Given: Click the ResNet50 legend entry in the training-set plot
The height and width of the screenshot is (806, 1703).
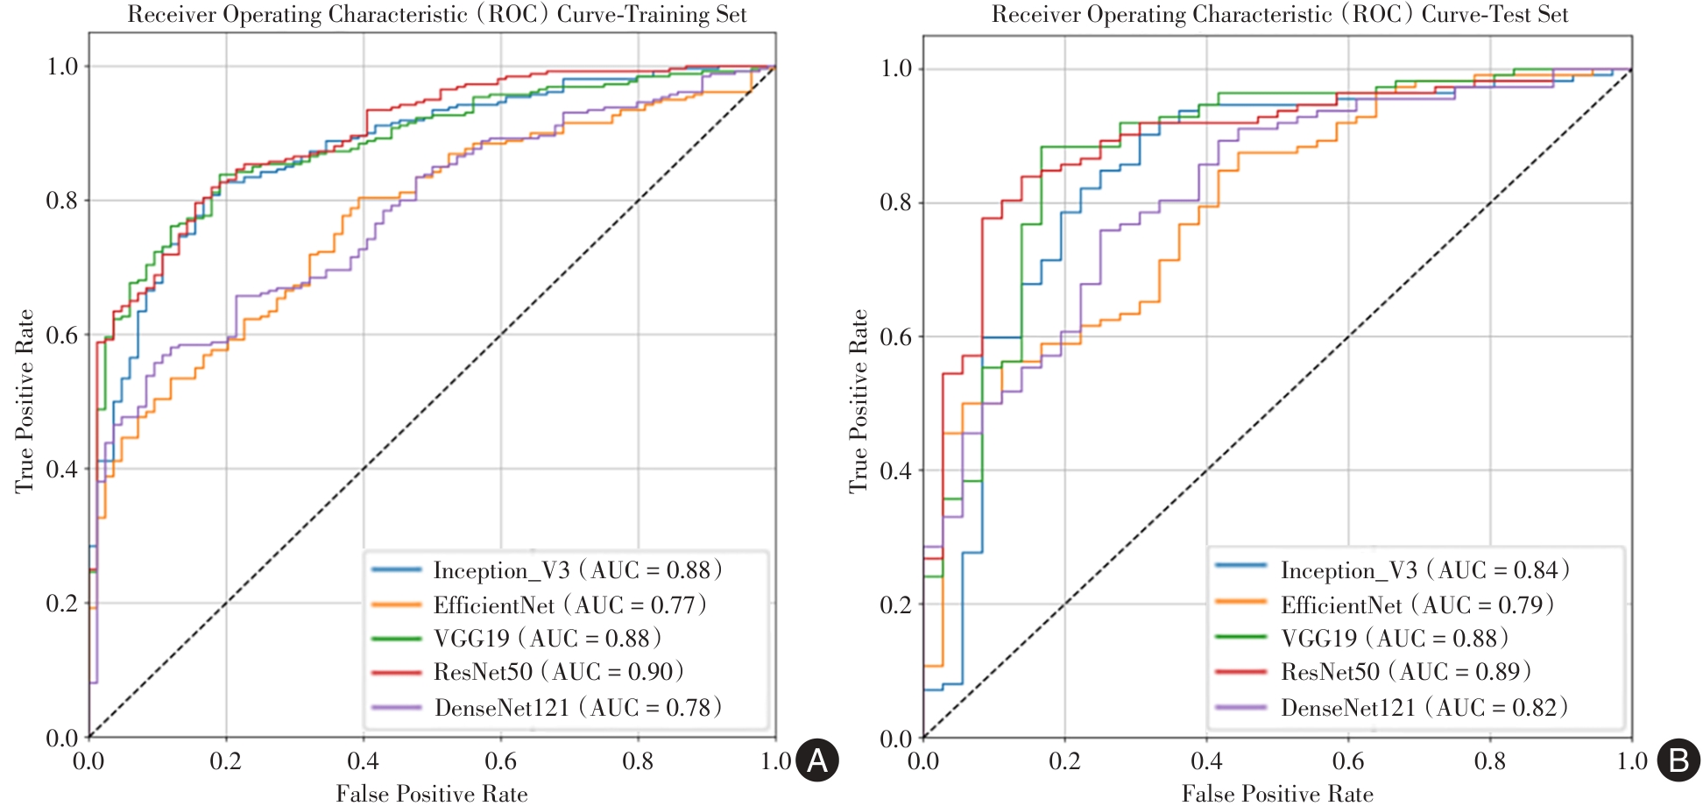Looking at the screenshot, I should (x=558, y=672).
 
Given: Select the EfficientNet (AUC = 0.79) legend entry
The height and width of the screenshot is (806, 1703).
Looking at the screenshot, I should (x=1417, y=604).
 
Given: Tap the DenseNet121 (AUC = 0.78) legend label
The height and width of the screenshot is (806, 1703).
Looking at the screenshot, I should (x=578, y=707).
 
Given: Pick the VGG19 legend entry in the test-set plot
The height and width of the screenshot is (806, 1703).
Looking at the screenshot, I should (x=1394, y=638).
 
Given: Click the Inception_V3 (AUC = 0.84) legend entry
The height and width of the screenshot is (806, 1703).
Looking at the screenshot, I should (x=1424, y=570).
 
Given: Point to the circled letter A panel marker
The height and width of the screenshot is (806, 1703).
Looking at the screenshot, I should (x=816, y=760).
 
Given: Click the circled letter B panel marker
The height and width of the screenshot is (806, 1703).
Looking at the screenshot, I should (x=1678, y=760).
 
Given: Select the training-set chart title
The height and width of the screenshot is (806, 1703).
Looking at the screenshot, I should (x=437, y=14).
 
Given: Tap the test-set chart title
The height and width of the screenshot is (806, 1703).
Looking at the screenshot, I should (x=1280, y=14).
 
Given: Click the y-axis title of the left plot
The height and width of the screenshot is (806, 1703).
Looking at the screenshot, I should (x=25, y=400).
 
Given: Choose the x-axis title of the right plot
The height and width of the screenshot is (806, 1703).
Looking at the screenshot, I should (x=1277, y=794).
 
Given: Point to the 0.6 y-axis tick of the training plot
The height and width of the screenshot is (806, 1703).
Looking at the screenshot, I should (x=62, y=335).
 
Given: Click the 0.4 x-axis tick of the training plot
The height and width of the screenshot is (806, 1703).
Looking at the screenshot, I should (x=363, y=760).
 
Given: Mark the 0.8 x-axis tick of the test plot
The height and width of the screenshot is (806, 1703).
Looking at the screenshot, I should (x=1489, y=760).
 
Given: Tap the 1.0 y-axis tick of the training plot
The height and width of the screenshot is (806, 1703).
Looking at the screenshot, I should (x=62, y=67).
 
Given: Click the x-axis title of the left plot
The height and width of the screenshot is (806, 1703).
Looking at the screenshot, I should (x=432, y=794).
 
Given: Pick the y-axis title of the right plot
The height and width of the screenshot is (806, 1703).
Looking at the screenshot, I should (x=859, y=400).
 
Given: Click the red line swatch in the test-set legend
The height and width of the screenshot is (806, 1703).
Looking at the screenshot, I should (x=1240, y=672).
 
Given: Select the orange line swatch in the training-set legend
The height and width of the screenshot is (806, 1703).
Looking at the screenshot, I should (x=397, y=604).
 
